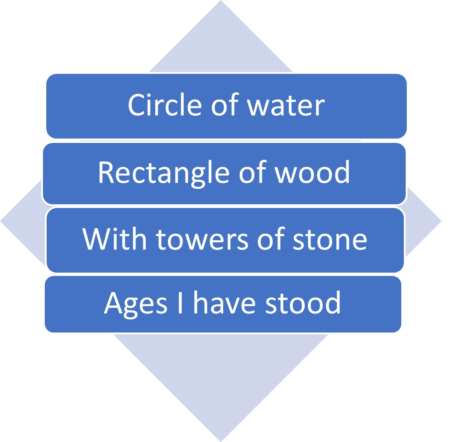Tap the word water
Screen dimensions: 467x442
pyautogui.click(x=286, y=106)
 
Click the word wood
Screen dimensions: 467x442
pyautogui.click(x=313, y=172)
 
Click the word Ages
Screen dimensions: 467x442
pyautogui.click(x=135, y=303)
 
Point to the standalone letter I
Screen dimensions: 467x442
pyautogui.click(x=180, y=303)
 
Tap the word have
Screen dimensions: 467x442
pyautogui.click(x=224, y=303)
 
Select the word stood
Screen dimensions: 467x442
pyautogui.click(x=303, y=303)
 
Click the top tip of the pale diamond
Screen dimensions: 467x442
pyautogui.click(x=221, y=2)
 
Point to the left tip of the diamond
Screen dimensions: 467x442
pyautogui.click(x=2, y=221)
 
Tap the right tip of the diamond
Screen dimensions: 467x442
pyautogui.click(x=440, y=221)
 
